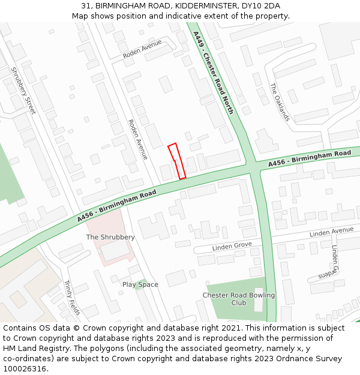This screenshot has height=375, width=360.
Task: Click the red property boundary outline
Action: click(176, 161)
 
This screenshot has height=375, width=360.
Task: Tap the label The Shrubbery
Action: click(110, 237)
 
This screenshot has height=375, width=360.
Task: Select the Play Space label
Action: click(140, 284)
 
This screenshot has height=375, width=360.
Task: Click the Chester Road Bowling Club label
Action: click(238, 299)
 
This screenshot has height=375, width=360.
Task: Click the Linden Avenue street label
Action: click(332, 232)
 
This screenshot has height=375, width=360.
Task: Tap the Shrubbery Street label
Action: click(23, 90)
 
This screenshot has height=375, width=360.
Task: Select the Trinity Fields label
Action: click(72, 298)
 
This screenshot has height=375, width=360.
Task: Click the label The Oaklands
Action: click(280, 101)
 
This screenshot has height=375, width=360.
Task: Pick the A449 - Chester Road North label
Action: click(214, 73)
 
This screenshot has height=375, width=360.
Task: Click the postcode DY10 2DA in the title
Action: click(263, 6)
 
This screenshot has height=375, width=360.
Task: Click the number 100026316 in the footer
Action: click(25, 369)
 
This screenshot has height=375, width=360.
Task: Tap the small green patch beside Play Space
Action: click(140, 286)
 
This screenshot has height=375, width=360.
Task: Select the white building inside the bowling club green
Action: click(259, 299)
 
